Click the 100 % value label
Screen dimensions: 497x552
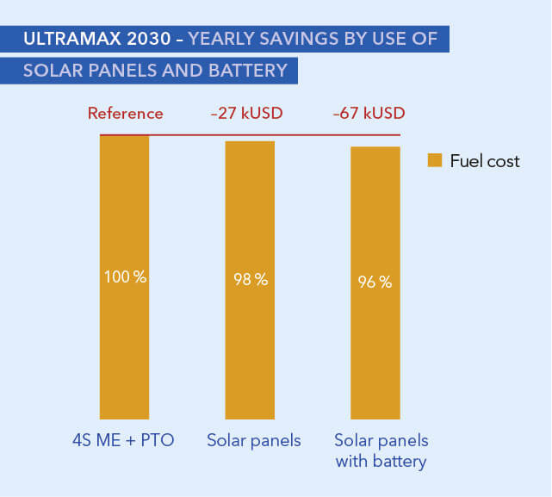click(x=125, y=277)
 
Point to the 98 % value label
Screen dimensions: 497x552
click(x=250, y=279)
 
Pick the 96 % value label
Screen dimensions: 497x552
click(x=375, y=282)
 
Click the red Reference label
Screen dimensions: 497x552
click(x=125, y=114)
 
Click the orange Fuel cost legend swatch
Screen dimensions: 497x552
click(x=434, y=160)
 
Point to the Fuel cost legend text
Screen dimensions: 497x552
click(x=485, y=161)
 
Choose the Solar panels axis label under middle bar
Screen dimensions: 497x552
click(x=254, y=441)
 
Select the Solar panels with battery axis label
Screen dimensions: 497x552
click(x=381, y=451)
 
